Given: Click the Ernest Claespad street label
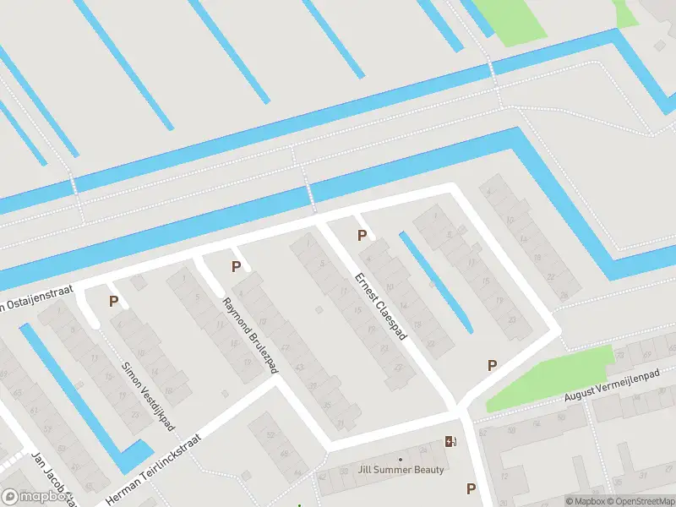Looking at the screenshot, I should tap(381, 307).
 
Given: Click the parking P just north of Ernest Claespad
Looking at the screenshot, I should tap(362, 236).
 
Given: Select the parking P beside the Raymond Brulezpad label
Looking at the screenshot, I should tap(237, 267).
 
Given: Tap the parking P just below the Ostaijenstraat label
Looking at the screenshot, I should tap(112, 301).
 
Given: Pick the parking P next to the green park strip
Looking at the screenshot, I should tap(492, 365).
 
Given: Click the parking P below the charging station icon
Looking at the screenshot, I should tap(471, 488).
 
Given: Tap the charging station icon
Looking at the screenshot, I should tap(450, 441).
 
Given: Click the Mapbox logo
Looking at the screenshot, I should tap(35, 497).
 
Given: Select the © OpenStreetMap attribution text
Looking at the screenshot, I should tap(635, 501).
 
